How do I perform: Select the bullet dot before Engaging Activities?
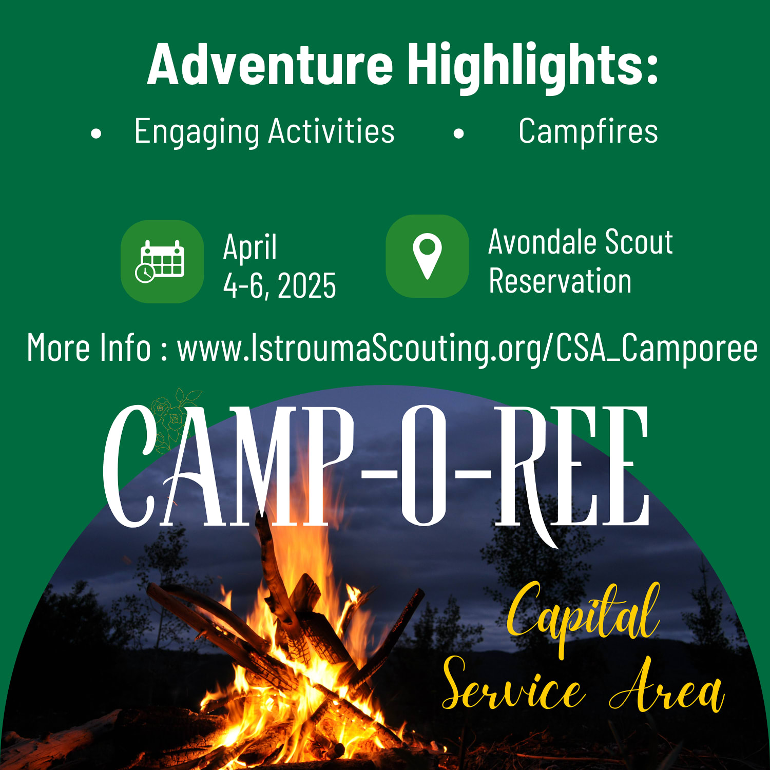pos(96,134)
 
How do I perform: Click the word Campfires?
pos(588,131)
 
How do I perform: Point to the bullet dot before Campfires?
pos(459,134)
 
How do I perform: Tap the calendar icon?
pos(162,261)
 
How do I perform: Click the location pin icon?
pos(427,256)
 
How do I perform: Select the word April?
pos(250,247)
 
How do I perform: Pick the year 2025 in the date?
pos(307,285)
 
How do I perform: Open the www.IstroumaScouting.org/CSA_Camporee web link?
pos(467,348)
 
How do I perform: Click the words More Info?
pos(88,348)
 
